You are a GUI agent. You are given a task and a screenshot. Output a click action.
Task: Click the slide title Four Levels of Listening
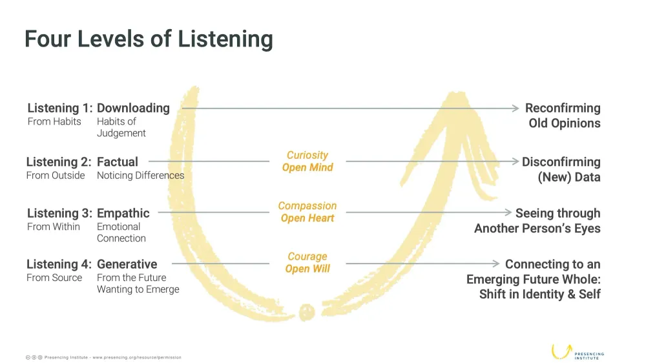(x=149, y=39)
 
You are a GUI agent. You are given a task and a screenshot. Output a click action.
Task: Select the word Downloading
(x=133, y=108)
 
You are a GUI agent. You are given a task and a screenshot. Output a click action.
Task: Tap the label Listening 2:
(x=59, y=161)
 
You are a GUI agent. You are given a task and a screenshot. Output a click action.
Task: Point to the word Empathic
(x=123, y=213)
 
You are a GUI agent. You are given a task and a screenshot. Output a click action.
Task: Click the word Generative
(x=127, y=264)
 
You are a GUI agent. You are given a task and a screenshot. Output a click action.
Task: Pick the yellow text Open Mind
(x=307, y=167)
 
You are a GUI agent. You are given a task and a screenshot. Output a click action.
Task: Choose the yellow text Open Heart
(x=307, y=218)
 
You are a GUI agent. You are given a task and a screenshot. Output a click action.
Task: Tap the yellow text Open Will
(x=307, y=269)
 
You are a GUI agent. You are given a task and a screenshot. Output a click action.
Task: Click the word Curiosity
(x=307, y=155)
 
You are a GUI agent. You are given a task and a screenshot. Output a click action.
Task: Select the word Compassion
(x=307, y=206)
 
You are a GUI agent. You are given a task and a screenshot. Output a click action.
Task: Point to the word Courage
(x=307, y=256)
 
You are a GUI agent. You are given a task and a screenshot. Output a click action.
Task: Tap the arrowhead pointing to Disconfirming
(x=515, y=161)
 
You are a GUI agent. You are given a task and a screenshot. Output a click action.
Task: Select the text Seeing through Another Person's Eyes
(x=537, y=221)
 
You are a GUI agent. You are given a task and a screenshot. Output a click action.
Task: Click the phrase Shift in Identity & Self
(x=540, y=295)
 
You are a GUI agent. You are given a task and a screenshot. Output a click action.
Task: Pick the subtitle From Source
(x=54, y=278)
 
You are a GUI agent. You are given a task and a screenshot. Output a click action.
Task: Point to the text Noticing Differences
(x=140, y=176)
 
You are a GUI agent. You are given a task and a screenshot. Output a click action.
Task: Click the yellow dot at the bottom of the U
(x=307, y=312)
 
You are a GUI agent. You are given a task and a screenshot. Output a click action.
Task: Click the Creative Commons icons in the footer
(x=34, y=357)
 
